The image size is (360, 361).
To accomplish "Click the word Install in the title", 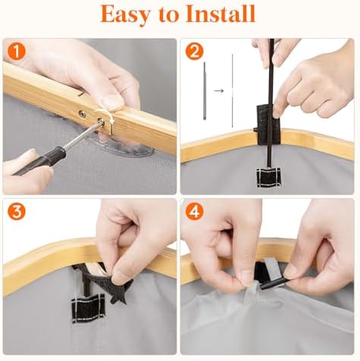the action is click(221, 14).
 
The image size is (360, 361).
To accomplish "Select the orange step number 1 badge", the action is click(17, 52).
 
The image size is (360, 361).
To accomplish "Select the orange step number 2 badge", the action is click(194, 52).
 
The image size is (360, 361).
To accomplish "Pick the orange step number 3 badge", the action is click(17, 212).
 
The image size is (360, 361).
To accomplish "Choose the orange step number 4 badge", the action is click(194, 212).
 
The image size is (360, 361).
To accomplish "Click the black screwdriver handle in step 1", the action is click(39, 161).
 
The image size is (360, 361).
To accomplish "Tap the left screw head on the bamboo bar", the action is click(82, 114).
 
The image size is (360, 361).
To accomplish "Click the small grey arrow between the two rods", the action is click(219, 90).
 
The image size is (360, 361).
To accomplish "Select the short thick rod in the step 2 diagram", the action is click(205, 90).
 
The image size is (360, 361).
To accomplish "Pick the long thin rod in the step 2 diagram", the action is click(232, 90).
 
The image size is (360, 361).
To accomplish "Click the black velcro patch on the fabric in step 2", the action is click(268, 177).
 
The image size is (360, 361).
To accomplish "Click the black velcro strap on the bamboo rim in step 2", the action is click(268, 124).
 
